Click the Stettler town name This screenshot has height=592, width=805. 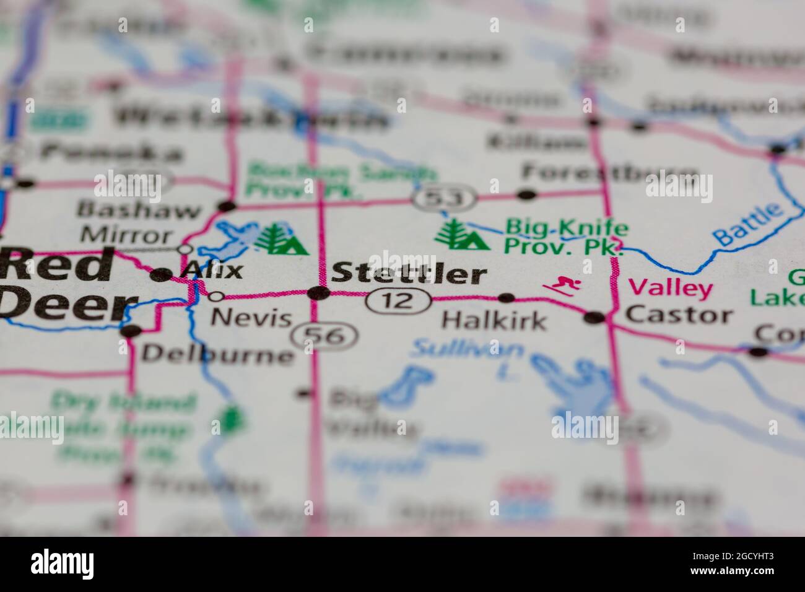pyautogui.click(x=409, y=274)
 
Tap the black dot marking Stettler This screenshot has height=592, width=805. pyautogui.click(x=319, y=293)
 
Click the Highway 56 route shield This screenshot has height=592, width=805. pyautogui.click(x=326, y=336)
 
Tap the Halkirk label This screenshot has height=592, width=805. pyautogui.click(x=494, y=321)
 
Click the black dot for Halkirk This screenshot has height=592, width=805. pyautogui.click(x=507, y=298)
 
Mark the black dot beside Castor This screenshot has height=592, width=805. pyautogui.click(x=594, y=318)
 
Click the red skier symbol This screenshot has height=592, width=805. pyautogui.click(x=562, y=286)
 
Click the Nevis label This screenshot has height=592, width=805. pyautogui.click(x=251, y=318)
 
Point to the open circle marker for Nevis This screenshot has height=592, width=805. pyautogui.click(x=217, y=295)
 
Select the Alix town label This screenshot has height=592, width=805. pyautogui.click(x=214, y=271)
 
